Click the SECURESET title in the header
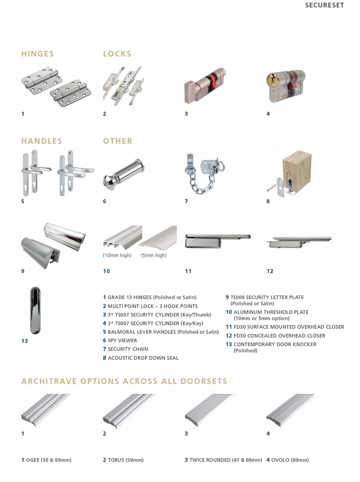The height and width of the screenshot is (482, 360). [x=324, y=5]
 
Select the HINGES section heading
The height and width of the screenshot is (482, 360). [x=37, y=54]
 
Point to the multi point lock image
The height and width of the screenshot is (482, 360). [x=123, y=86]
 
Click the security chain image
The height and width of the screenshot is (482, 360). [x=204, y=174]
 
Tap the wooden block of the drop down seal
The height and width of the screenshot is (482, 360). [x=297, y=168]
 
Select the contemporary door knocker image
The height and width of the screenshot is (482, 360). [x=35, y=310]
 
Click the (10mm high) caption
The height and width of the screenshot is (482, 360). [x=117, y=255]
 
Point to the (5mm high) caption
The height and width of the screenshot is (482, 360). [x=153, y=255]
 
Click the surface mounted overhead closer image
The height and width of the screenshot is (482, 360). [x=218, y=241]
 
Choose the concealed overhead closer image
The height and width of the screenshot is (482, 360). [x=299, y=242]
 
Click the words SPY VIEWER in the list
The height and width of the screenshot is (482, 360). [x=122, y=341]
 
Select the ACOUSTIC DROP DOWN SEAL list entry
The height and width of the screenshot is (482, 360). [x=141, y=358]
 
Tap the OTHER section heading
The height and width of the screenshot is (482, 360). [x=117, y=141]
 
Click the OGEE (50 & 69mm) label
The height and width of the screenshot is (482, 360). [x=46, y=460]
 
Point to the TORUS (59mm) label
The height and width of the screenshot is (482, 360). [x=123, y=460]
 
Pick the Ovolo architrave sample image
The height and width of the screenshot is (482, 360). [x=290, y=410]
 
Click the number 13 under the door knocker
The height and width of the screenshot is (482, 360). [x=25, y=341]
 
